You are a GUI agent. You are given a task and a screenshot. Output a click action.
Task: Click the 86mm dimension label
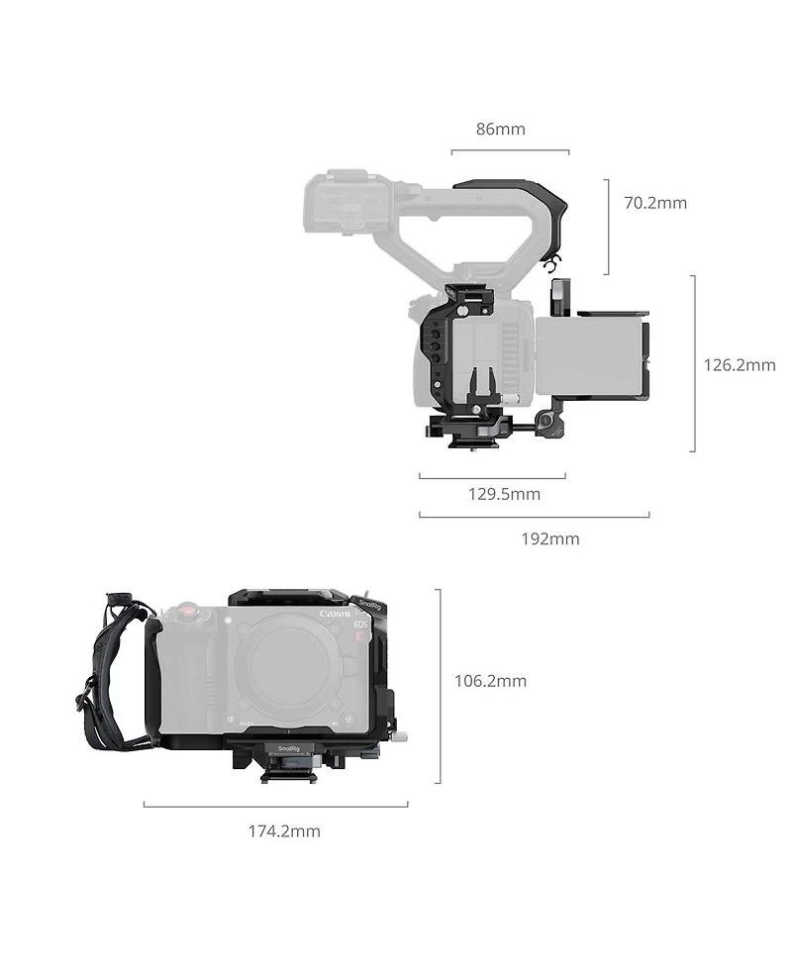tap(500, 129)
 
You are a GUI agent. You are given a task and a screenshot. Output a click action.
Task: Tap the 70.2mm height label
tap(654, 203)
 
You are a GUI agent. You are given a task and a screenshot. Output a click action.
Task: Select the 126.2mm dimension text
tap(739, 364)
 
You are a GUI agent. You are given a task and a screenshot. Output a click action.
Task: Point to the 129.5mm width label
tap(504, 494)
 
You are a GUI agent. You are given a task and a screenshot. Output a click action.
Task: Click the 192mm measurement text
tap(550, 538)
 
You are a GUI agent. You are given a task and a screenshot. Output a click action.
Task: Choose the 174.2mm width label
tap(284, 831)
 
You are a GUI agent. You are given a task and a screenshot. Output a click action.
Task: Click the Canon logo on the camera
tap(335, 615)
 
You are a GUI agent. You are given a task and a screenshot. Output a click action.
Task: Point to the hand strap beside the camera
tap(109, 673)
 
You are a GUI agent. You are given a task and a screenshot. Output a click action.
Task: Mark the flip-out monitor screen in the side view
tap(590, 354)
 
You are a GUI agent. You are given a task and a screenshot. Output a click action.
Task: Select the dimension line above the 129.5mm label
tap(492, 476)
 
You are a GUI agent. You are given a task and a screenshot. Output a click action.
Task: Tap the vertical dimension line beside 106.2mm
tap(439, 686)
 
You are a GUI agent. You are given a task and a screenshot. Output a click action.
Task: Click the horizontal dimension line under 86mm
tap(510, 151)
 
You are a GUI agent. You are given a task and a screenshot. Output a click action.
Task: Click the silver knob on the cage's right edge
tap(400, 736)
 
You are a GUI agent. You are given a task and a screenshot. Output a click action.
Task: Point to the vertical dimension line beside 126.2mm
tap(693, 363)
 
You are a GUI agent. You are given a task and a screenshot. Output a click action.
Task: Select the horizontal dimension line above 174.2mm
tap(275, 806)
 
